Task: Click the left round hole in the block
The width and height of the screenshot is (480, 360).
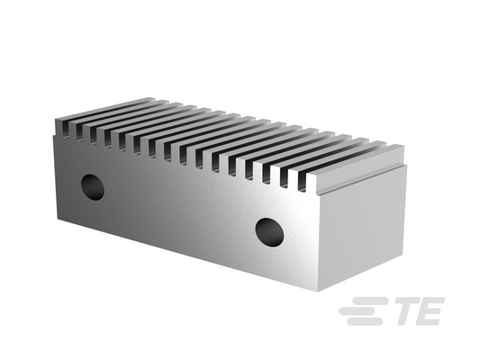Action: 93,187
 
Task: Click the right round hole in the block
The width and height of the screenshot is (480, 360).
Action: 269,232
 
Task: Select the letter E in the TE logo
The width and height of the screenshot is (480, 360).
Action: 430,311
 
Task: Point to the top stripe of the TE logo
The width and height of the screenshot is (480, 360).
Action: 370,301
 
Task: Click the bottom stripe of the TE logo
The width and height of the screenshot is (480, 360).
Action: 365,321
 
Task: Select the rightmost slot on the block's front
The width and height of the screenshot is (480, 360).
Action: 303,182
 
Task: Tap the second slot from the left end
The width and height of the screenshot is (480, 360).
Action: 79,131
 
